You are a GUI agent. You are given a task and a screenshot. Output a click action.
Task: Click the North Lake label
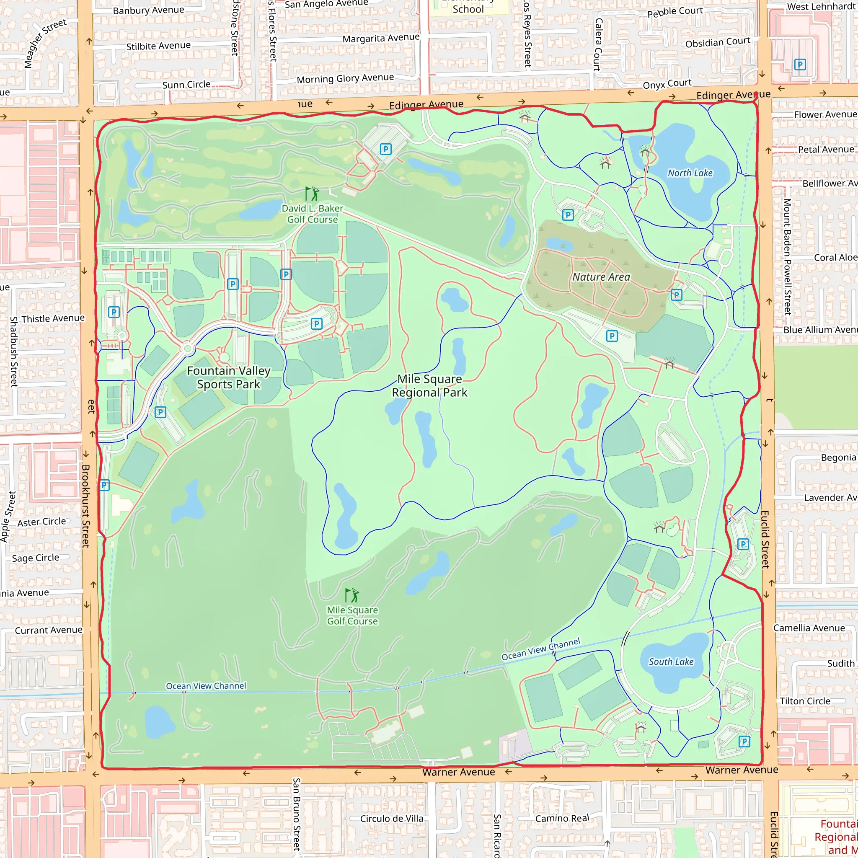690,173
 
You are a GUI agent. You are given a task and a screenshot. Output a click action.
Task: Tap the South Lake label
671,662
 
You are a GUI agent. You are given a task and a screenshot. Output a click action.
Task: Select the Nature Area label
601,277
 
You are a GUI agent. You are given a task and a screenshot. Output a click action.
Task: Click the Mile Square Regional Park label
429,385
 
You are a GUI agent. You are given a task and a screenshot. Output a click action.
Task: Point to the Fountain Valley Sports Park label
229,377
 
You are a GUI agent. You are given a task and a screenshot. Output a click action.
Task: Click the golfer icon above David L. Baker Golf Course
312,194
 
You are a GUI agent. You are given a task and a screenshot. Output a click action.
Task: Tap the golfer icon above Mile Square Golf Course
352,595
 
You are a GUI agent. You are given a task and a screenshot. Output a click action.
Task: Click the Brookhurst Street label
86,506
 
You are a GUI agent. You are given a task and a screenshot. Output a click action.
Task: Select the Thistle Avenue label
53,318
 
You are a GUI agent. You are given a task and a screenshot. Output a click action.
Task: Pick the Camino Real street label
562,818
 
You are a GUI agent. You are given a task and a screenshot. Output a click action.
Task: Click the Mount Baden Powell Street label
787,257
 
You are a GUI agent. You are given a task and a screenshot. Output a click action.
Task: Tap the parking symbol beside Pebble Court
800,65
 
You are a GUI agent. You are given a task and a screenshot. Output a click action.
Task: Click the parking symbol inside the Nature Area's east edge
676,295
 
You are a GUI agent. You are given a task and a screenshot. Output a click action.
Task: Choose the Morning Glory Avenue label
345,79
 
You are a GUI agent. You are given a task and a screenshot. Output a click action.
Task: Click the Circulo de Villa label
391,819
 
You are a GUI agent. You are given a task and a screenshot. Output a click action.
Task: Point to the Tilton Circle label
805,701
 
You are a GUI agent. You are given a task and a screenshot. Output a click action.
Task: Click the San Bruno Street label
296,814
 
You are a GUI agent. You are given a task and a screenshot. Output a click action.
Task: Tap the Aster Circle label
42,522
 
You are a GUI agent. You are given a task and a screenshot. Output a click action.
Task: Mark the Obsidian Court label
717,43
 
